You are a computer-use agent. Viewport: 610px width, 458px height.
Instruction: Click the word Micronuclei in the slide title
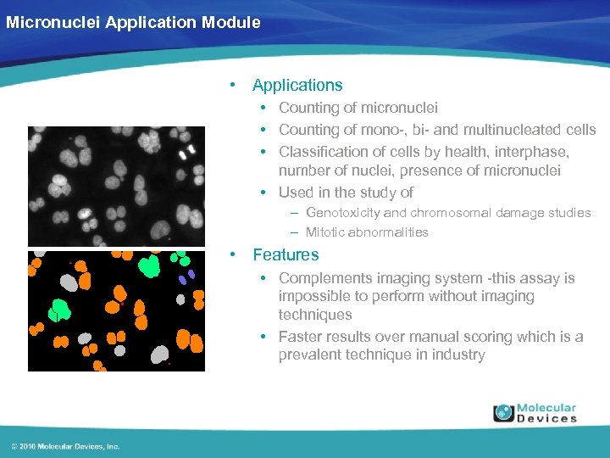tap(53, 23)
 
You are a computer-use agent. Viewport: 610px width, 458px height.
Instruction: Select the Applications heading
tap(297, 85)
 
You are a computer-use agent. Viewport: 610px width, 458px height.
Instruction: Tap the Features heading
tap(286, 254)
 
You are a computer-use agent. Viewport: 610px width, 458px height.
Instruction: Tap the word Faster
tap(302, 337)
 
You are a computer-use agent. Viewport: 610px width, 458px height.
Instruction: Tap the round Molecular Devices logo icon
tap(504, 413)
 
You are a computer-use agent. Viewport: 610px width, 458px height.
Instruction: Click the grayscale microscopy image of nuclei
tap(116, 186)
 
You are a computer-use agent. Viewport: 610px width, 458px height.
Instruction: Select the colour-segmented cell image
tap(116, 310)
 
